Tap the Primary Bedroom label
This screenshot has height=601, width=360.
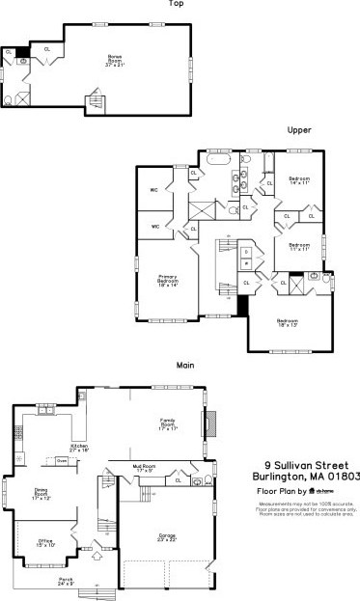(170, 280)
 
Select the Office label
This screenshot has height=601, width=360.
(45, 544)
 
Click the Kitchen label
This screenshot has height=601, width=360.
(79, 448)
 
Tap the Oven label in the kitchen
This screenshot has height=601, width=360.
(61, 461)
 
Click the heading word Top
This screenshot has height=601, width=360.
(176, 4)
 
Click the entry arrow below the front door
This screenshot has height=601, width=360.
(97, 555)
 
